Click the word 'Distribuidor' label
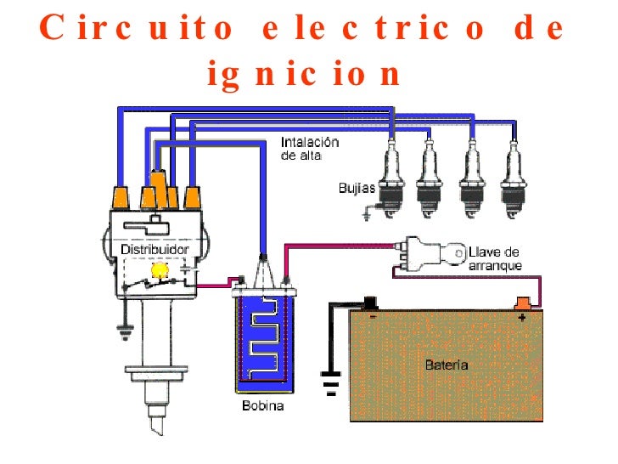click(x=154, y=250)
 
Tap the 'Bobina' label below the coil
click(x=261, y=406)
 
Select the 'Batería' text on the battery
click(x=446, y=365)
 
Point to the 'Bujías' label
click(x=355, y=187)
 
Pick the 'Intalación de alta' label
click(x=309, y=149)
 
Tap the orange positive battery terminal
click(x=524, y=302)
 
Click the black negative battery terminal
click(x=370, y=301)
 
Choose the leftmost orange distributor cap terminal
click(x=121, y=197)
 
